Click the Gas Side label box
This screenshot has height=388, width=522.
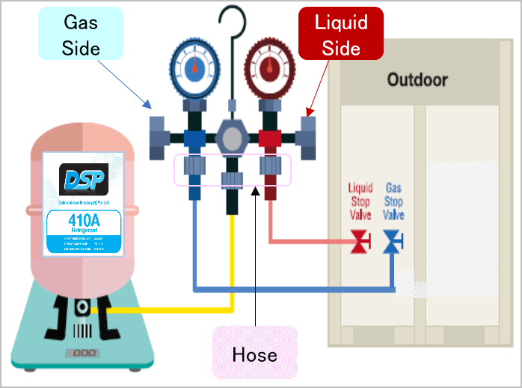tap(81, 34)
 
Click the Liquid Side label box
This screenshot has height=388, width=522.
tap(341, 34)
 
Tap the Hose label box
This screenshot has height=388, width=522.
tap(255, 353)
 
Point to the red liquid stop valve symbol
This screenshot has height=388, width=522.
tap(360, 242)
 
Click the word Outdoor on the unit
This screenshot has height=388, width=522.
tap(417, 79)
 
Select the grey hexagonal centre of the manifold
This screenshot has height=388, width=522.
tap(232, 139)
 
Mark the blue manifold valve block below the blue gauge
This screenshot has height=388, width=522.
tap(194, 139)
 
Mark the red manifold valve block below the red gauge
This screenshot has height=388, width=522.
tap(269, 139)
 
